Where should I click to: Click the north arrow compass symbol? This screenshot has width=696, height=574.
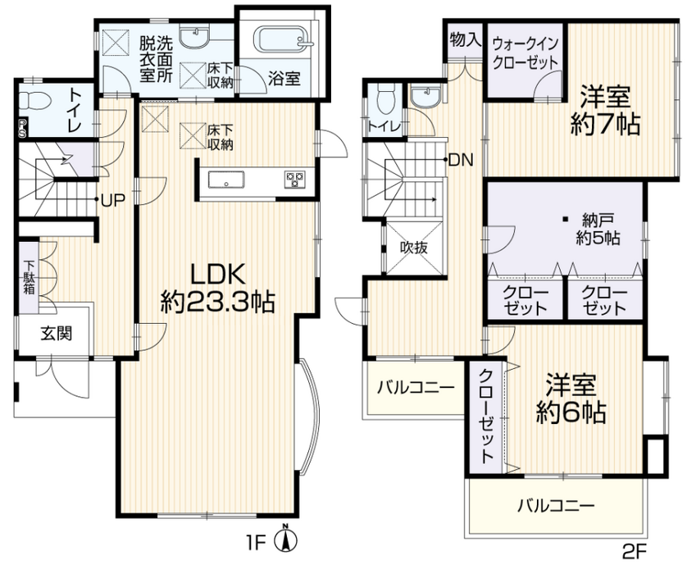(x=286, y=539)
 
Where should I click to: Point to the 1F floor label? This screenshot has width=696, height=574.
(x=256, y=543)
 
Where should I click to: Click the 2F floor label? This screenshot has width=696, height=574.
(x=635, y=552)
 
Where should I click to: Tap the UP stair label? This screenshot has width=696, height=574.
(x=113, y=200)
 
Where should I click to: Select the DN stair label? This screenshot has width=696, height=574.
(x=462, y=159)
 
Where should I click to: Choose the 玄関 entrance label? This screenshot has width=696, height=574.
(x=57, y=333)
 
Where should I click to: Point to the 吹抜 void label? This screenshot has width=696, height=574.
(x=414, y=248)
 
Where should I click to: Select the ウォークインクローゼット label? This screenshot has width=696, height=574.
(x=525, y=53)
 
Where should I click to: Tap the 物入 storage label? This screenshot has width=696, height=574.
(x=465, y=40)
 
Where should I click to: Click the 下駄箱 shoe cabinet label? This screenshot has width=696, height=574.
(x=30, y=277)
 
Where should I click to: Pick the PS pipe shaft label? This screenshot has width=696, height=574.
(x=22, y=129)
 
